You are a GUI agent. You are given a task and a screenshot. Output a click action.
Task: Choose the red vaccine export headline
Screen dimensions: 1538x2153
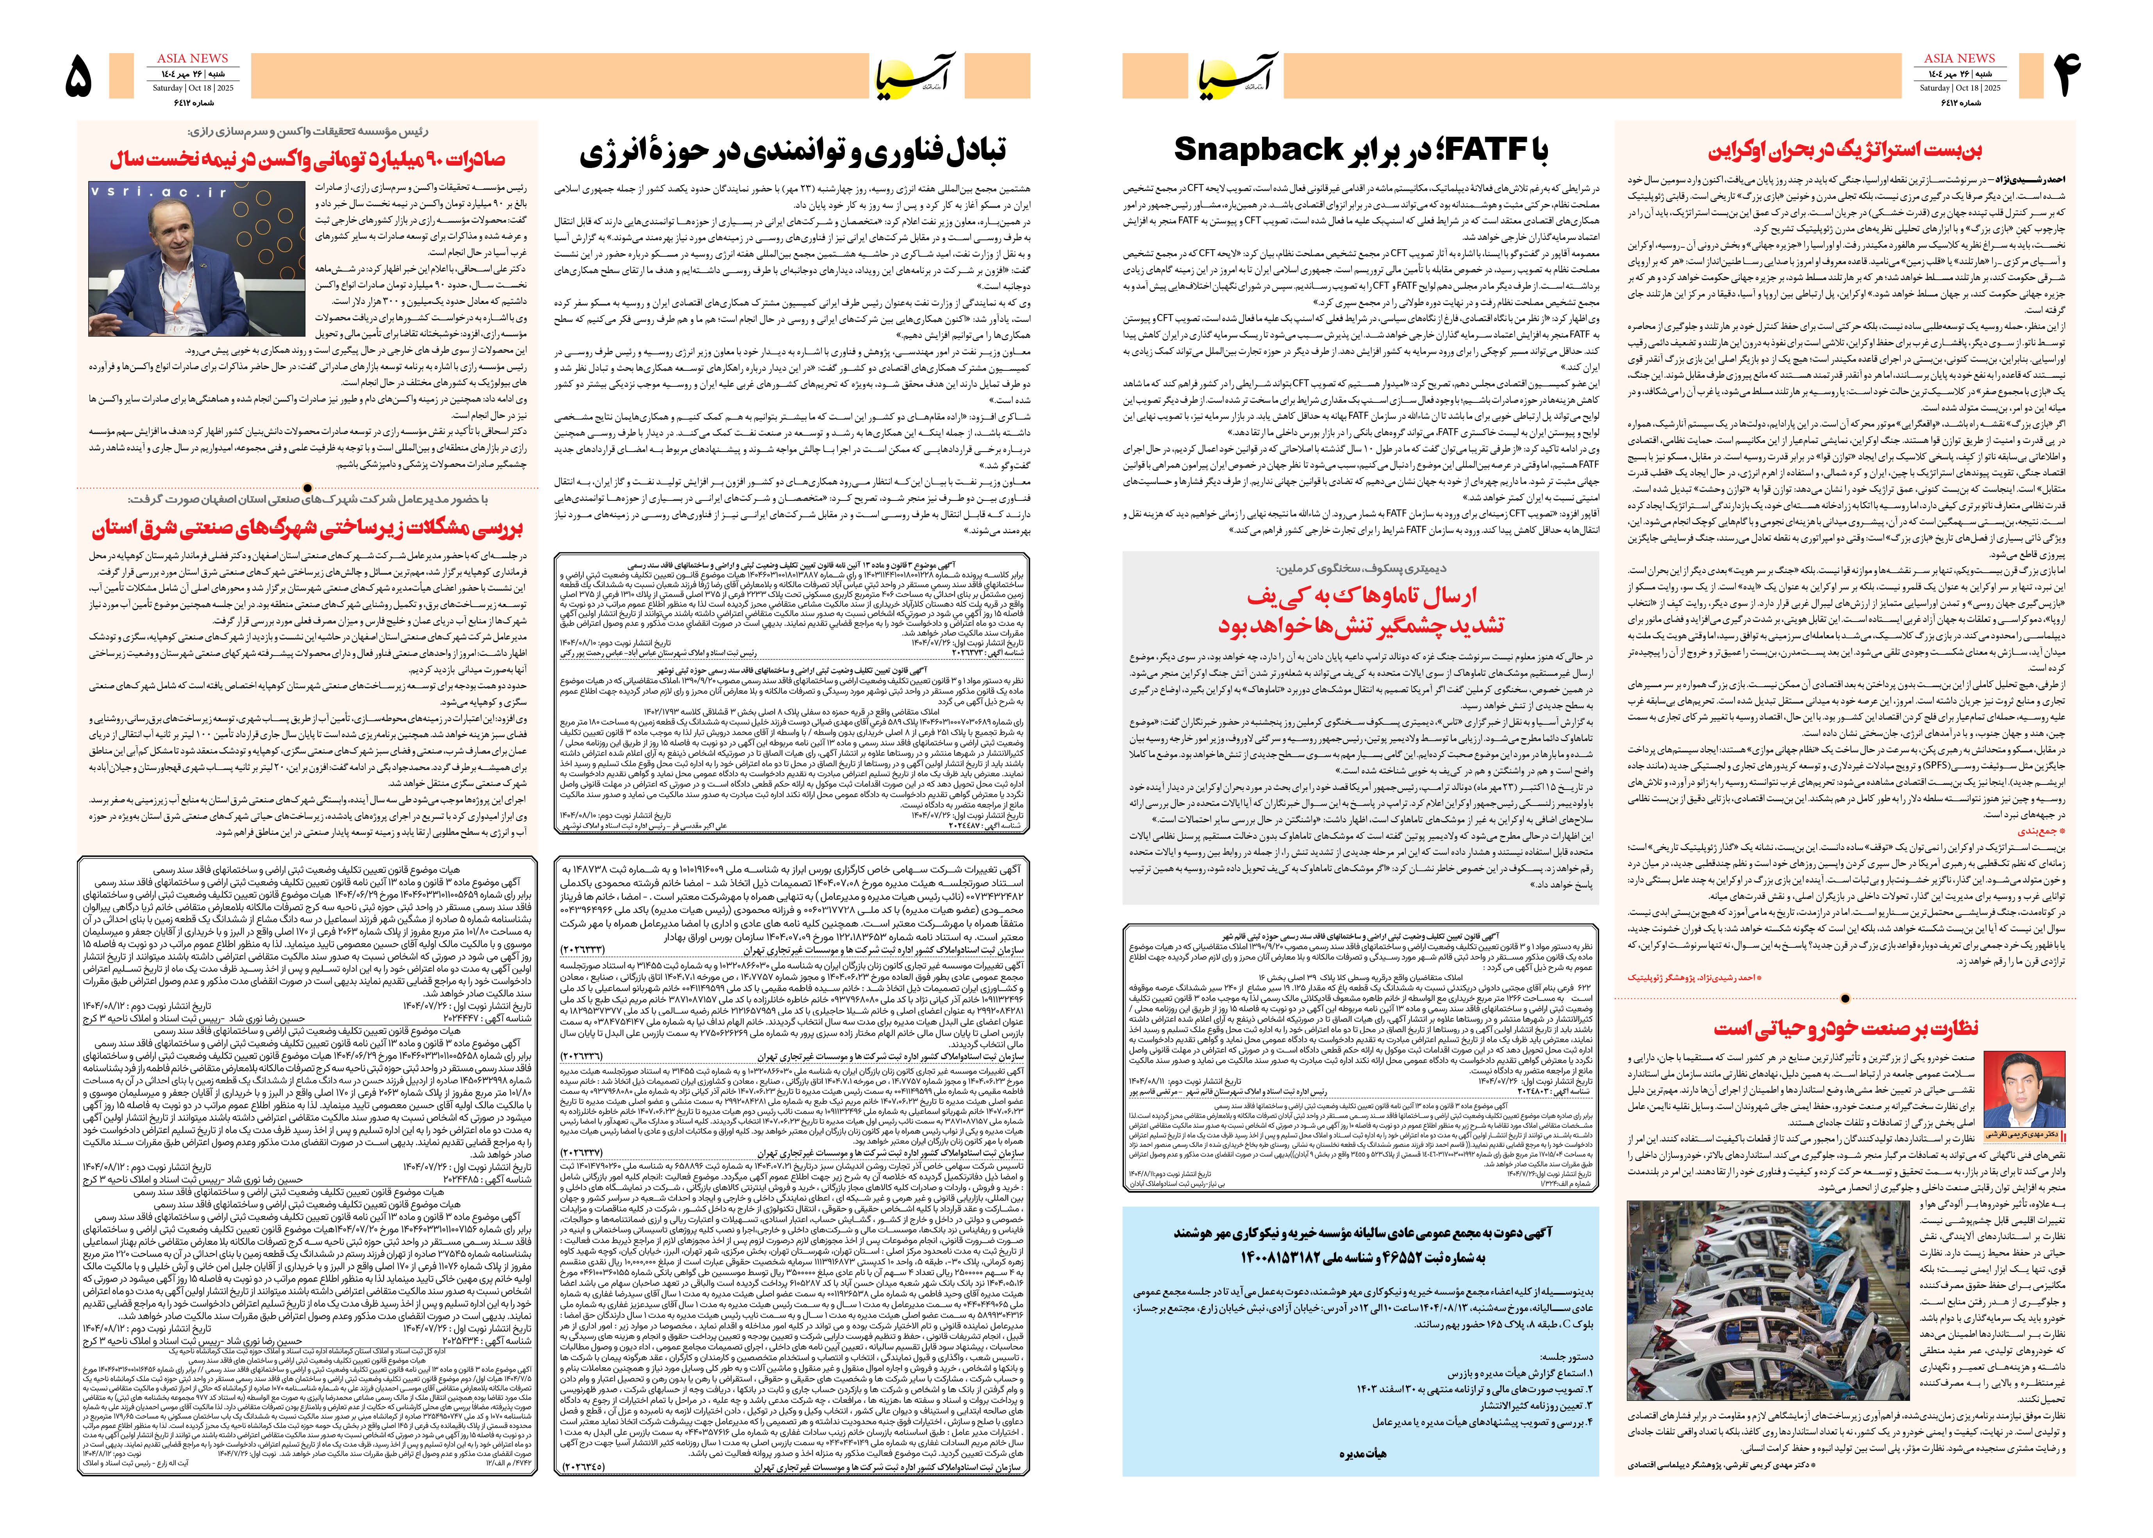(x=308, y=158)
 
